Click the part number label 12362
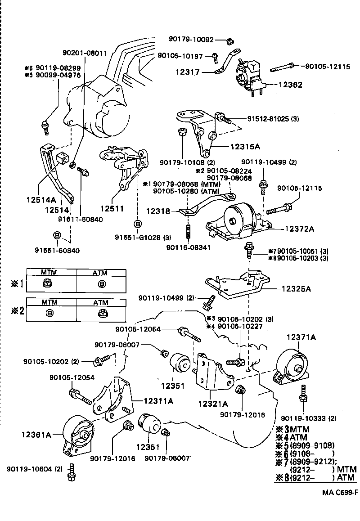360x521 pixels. [x=290, y=85]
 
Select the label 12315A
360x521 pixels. [x=247, y=147]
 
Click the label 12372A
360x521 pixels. [x=299, y=229]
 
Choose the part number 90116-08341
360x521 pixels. [x=188, y=247]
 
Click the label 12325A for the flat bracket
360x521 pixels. [x=297, y=289]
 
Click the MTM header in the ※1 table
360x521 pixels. [x=49, y=272]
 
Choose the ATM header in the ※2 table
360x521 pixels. [x=101, y=302]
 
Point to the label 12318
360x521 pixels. [x=157, y=210]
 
